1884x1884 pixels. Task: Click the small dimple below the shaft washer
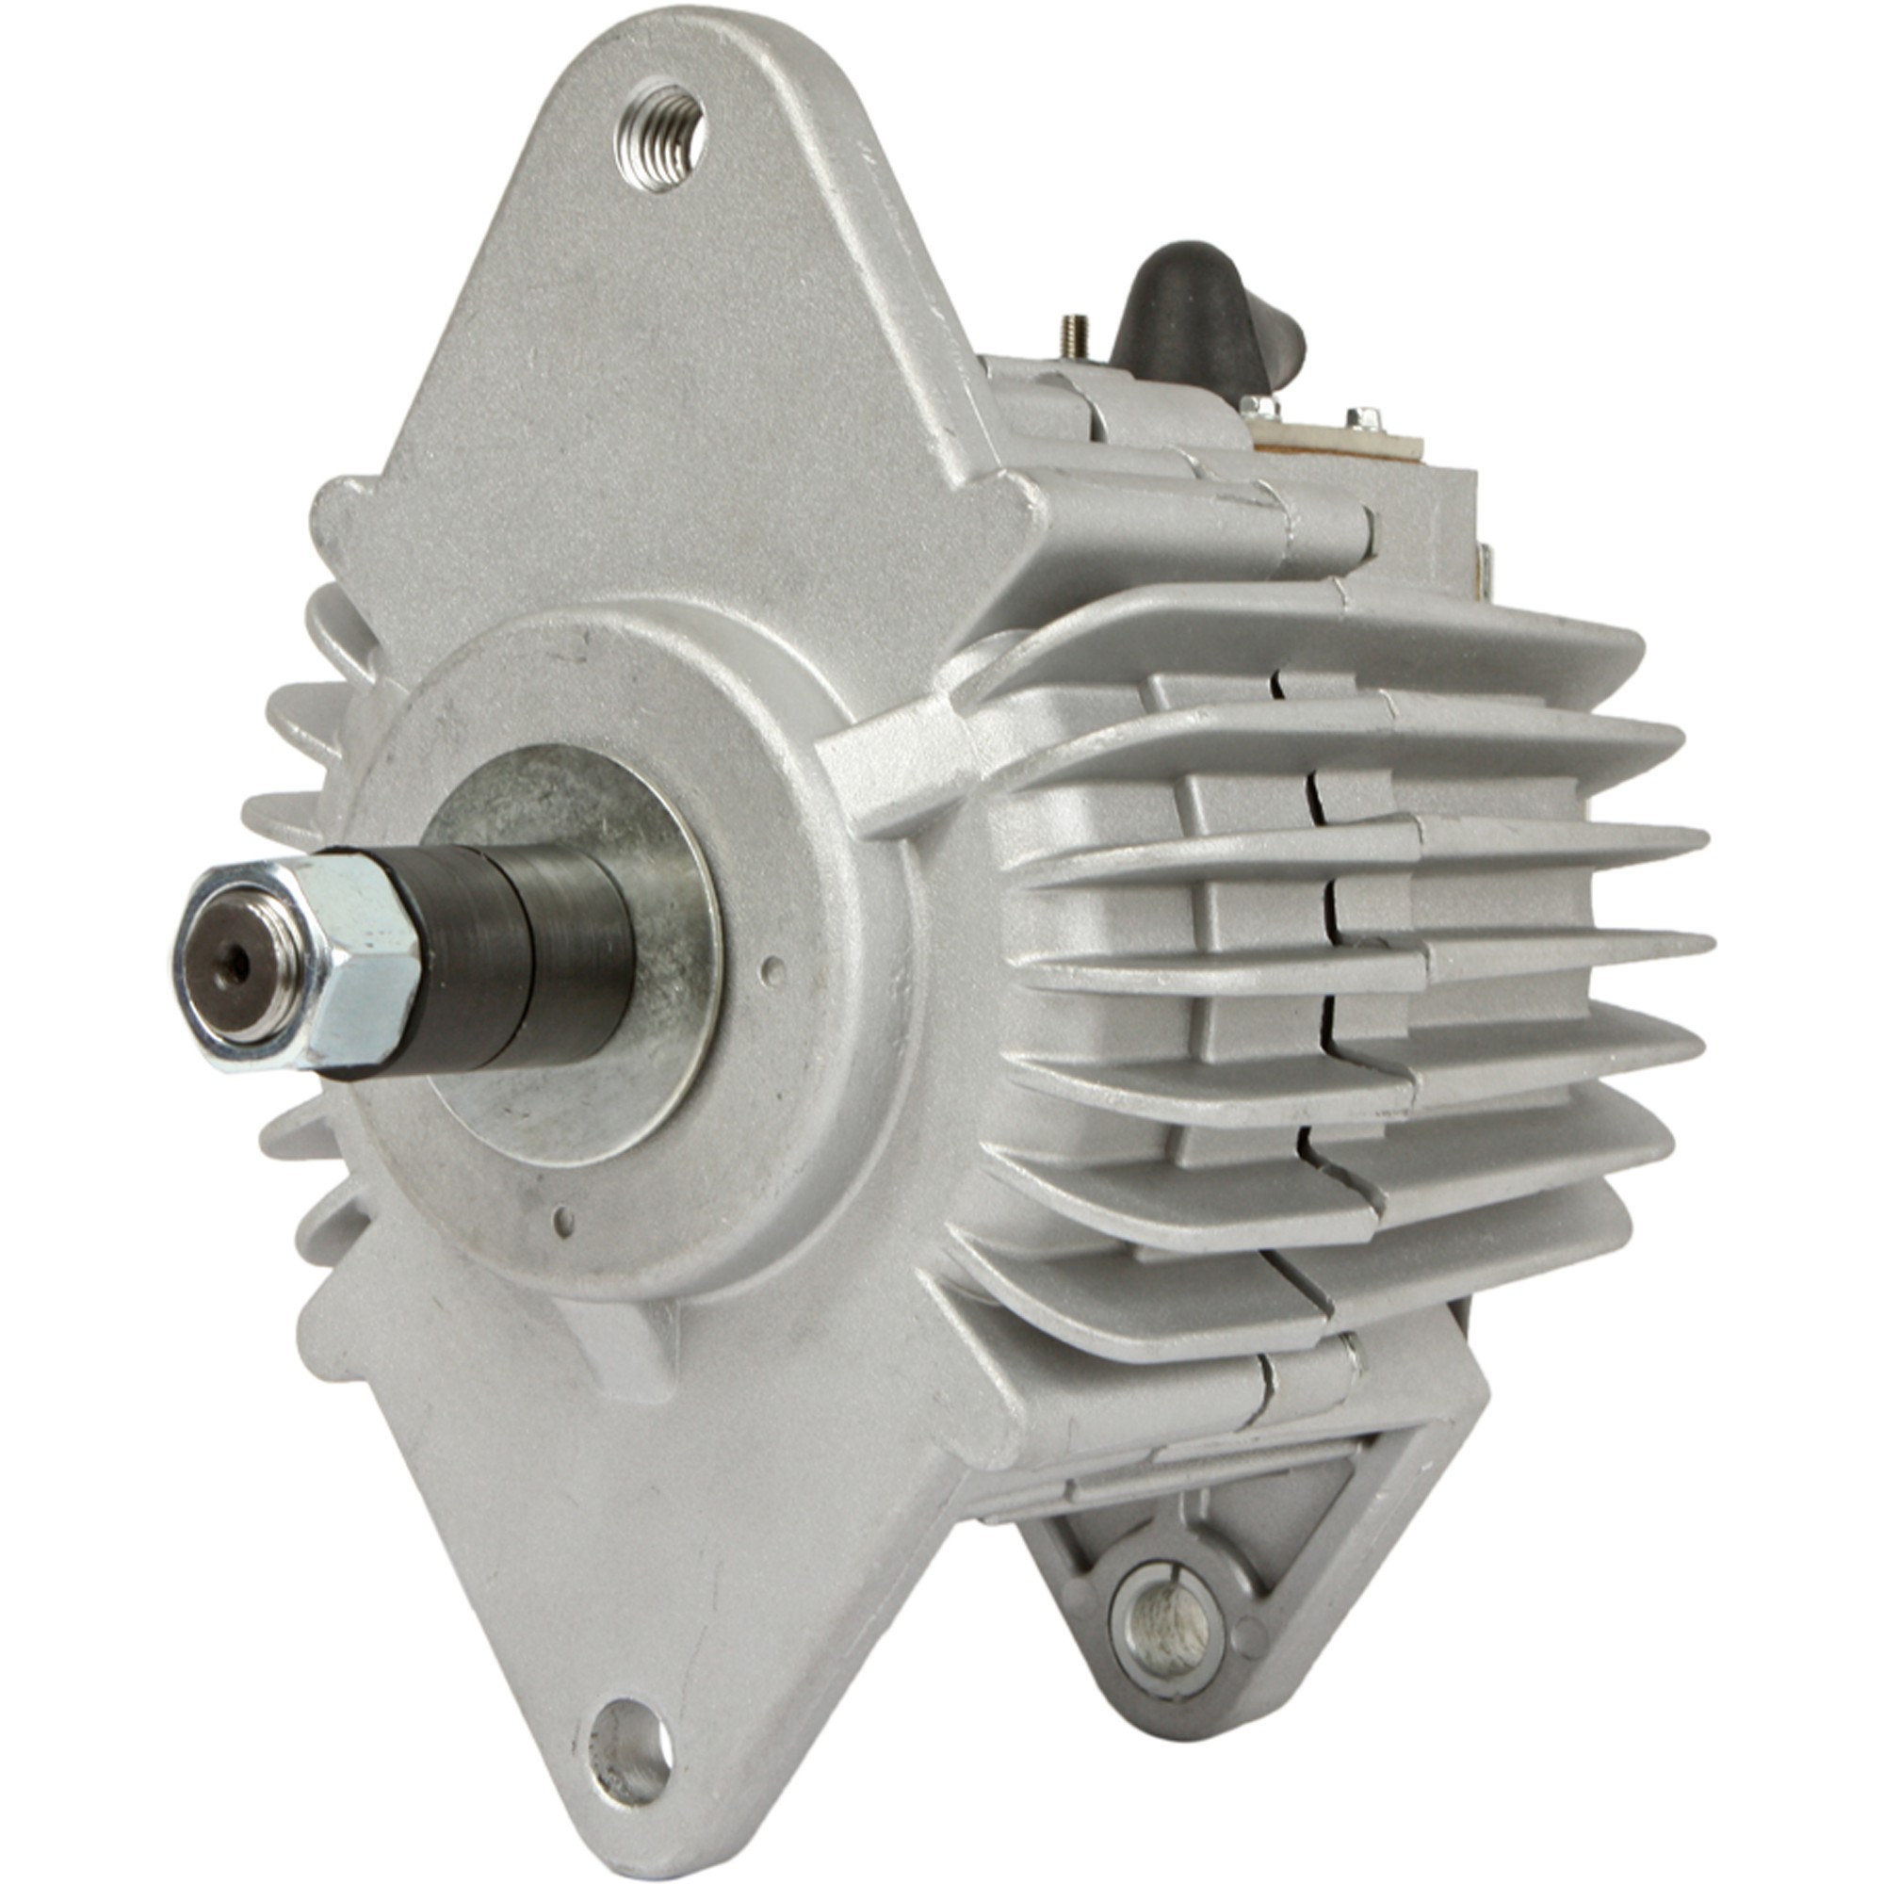562,1219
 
